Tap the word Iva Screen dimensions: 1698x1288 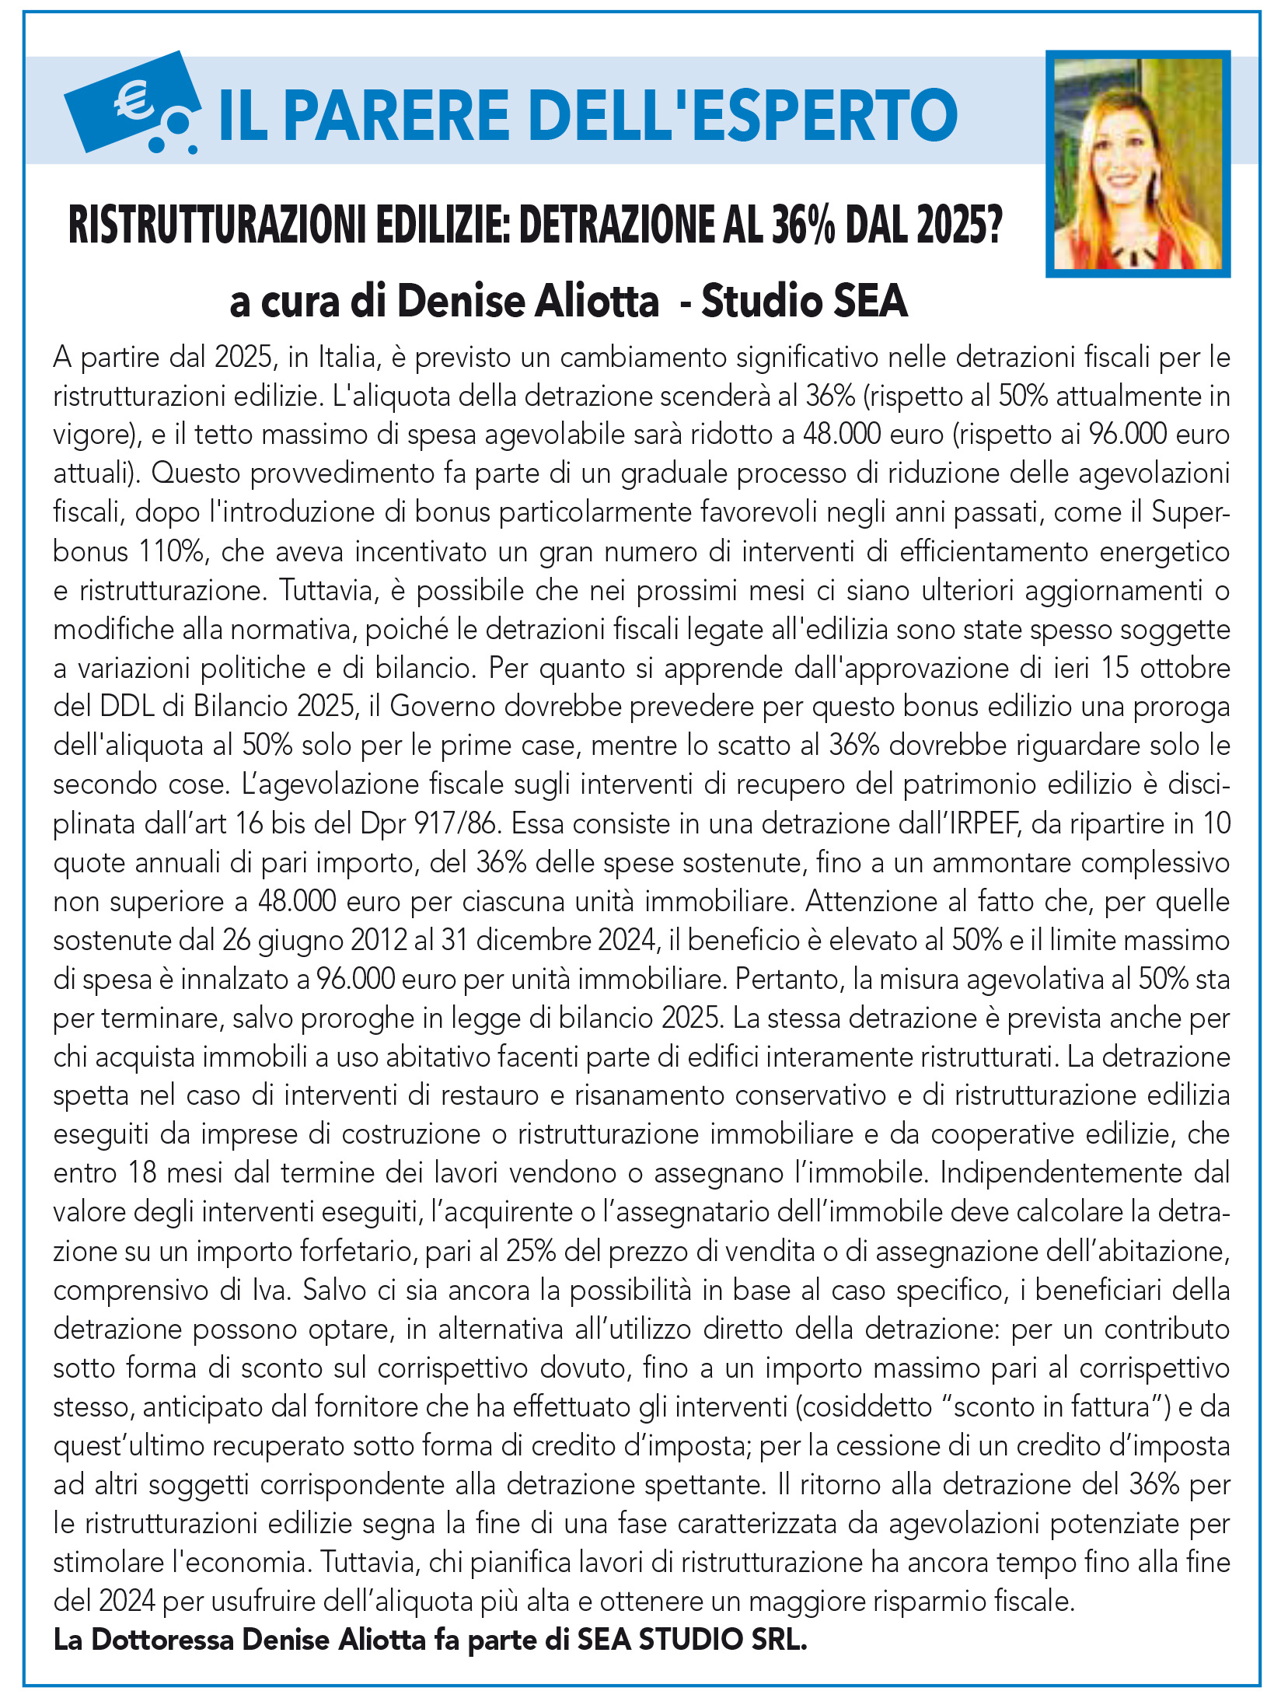point(273,1291)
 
